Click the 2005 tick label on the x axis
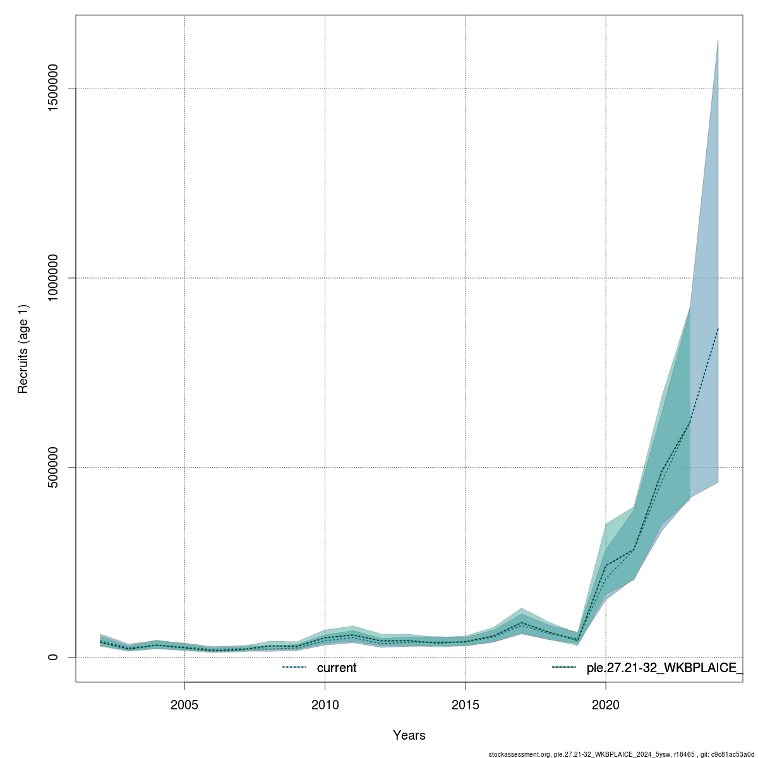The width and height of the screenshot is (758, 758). click(184, 704)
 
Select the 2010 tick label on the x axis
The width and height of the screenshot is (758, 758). click(325, 704)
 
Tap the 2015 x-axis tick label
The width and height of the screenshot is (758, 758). click(466, 704)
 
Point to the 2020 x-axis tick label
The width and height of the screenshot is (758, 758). click(606, 704)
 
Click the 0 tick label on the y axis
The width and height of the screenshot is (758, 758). click(54, 657)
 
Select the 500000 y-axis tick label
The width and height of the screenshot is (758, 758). click(54, 467)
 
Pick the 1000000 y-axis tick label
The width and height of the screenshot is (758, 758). click(54, 278)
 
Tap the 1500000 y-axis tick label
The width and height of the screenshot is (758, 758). click(54, 88)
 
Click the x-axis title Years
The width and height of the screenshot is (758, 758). click(409, 735)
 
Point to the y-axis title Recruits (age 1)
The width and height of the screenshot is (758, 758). click(23, 349)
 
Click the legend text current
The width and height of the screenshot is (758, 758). click(337, 668)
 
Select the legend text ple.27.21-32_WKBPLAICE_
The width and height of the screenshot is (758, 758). click(665, 668)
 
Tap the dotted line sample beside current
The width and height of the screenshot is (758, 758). click(294, 668)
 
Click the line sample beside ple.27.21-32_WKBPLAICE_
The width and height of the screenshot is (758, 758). click(564, 668)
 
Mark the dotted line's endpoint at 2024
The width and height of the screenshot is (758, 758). click(718, 328)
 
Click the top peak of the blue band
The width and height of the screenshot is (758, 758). click(718, 40)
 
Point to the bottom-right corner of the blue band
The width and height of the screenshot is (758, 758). click(718, 482)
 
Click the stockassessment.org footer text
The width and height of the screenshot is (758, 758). click(520, 754)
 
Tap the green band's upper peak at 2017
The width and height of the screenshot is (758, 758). click(522, 608)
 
